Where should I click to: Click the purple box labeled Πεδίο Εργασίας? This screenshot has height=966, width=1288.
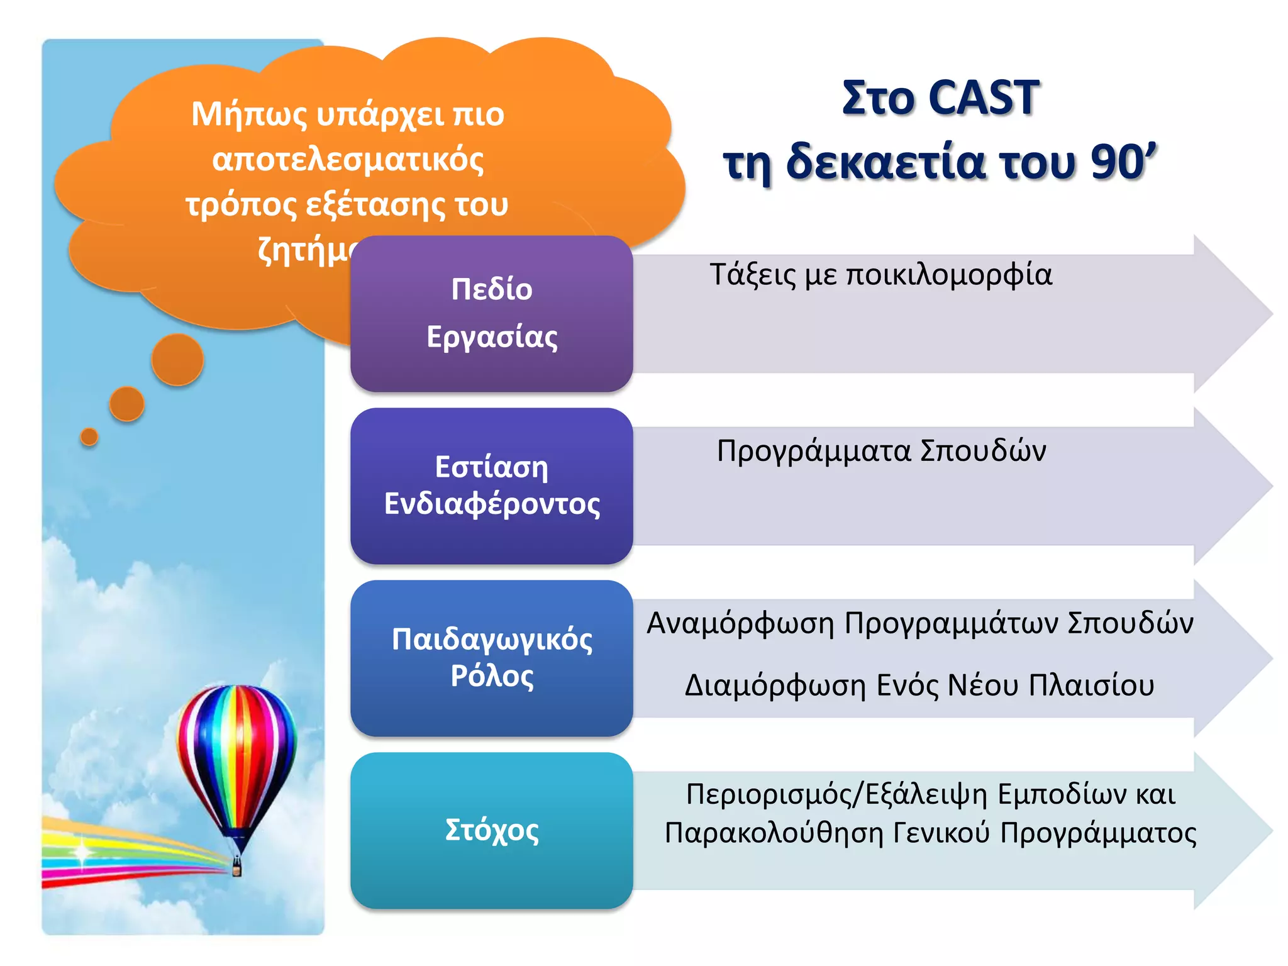coord(491,313)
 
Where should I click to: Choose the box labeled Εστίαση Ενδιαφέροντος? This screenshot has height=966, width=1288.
coord(491,486)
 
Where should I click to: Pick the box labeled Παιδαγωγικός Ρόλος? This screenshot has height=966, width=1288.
coord(491,658)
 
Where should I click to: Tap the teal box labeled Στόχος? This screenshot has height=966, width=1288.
coord(491,830)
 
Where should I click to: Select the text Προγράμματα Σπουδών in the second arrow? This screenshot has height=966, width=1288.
coord(881,451)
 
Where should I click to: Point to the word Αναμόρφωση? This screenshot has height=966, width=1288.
coord(740,623)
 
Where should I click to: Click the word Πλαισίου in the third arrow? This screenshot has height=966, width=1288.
coord(1091,685)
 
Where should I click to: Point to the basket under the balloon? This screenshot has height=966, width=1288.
coord(236,868)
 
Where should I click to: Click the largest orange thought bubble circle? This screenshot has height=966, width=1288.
coord(177,360)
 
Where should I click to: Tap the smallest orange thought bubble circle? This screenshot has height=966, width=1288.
coord(89,436)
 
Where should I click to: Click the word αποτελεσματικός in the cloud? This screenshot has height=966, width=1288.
coord(348,160)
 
